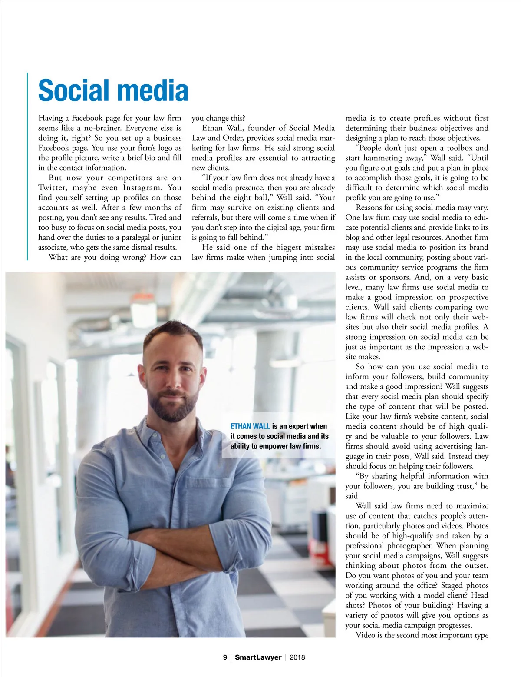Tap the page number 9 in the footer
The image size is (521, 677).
(225, 657)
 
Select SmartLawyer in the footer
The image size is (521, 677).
(258, 657)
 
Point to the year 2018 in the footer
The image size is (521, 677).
(297, 657)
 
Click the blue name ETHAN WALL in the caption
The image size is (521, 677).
(250, 426)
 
